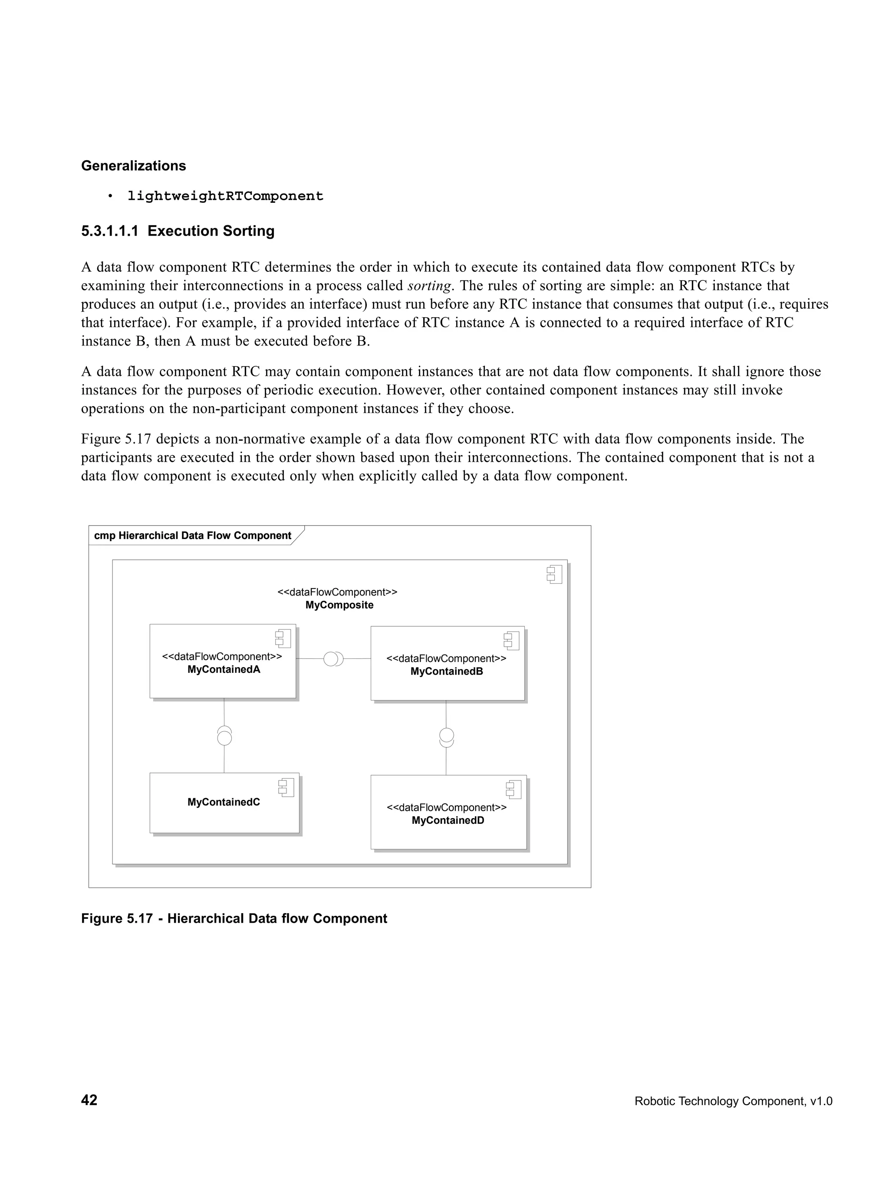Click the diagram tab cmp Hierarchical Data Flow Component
click(x=192, y=536)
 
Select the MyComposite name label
click(x=339, y=605)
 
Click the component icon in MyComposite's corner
click(x=554, y=575)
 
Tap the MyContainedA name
click(x=224, y=670)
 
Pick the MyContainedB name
click(x=446, y=671)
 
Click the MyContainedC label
click(x=224, y=802)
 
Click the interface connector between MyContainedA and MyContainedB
click(x=333, y=659)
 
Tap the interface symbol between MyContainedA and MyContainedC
click(x=224, y=736)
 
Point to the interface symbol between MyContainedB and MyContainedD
click(x=446, y=737)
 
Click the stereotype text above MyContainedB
click(x=446, y=658)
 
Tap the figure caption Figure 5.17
click(x=234, y=918)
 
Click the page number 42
click(x=89, y=1100)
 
